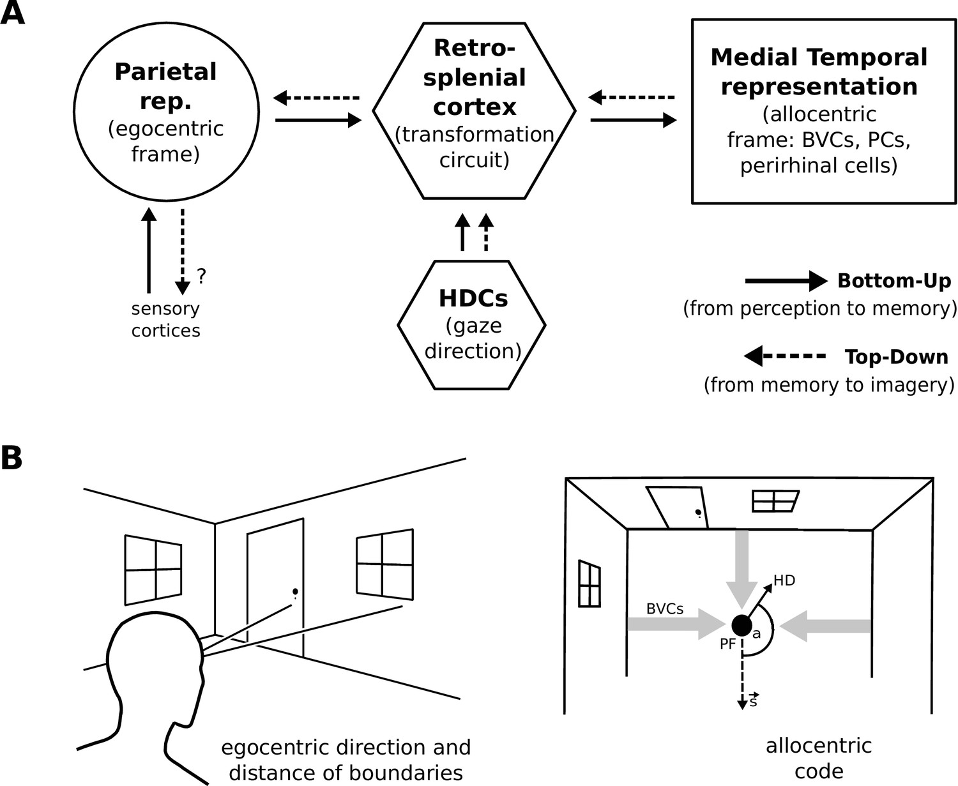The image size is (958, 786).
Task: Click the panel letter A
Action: coord(12,13)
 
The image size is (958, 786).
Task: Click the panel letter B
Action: coord(11,458)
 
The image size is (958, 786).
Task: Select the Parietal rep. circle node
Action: coord(166,111)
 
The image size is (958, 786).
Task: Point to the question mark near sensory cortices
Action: coord(201,276)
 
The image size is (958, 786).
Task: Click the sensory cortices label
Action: coord(165,319)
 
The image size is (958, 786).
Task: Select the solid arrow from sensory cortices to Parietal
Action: coord(149,249)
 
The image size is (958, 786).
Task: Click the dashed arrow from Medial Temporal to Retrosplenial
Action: coord(632,98)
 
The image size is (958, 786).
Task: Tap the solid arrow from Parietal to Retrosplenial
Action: coord(318,119)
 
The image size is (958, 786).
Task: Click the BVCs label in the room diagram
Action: coord(665,608)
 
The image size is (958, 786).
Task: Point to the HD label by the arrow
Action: coord(784,580)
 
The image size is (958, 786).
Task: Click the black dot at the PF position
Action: coord(741,625)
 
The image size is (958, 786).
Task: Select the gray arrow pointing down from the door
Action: coord(741,568)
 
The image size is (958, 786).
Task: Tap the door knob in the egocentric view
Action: coord(294,591)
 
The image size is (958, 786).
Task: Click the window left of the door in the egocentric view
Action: coord(153,569)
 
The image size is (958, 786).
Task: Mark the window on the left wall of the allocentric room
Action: coord(589,584)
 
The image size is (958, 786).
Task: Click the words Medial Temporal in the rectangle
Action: coord(819,57)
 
